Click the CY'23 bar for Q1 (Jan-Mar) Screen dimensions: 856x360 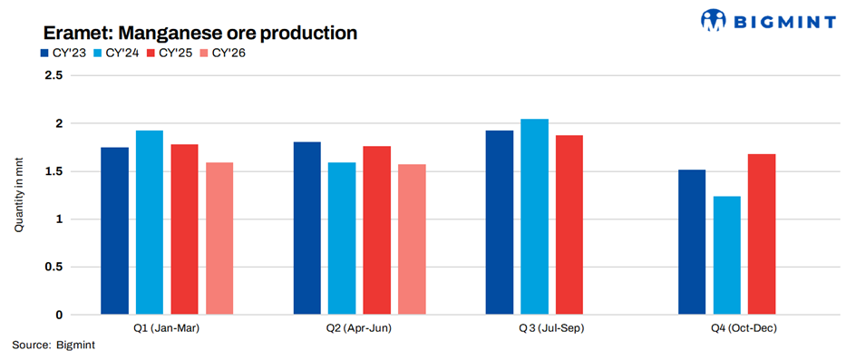coord(114,231)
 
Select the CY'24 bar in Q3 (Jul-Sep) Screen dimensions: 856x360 coord(534,217)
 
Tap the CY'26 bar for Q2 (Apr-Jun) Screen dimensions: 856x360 coord(413,239)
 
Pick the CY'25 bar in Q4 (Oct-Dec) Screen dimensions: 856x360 coord(762,234)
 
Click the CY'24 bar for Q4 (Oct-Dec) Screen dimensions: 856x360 coord(726,256)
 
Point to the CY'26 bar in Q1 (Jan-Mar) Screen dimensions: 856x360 coord(219,238)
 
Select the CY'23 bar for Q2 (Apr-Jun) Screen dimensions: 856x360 coord(307,229)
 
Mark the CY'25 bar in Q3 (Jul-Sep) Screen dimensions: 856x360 coord(569,225)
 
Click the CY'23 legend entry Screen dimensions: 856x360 coord(63,53)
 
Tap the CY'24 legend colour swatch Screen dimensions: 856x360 coord(98,54)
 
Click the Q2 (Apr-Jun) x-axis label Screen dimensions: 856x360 coord(359,329)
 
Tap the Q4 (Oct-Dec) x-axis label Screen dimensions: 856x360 coord(744,329)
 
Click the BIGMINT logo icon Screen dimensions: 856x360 coord(714,20)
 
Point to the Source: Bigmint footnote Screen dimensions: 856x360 coord(53,345)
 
